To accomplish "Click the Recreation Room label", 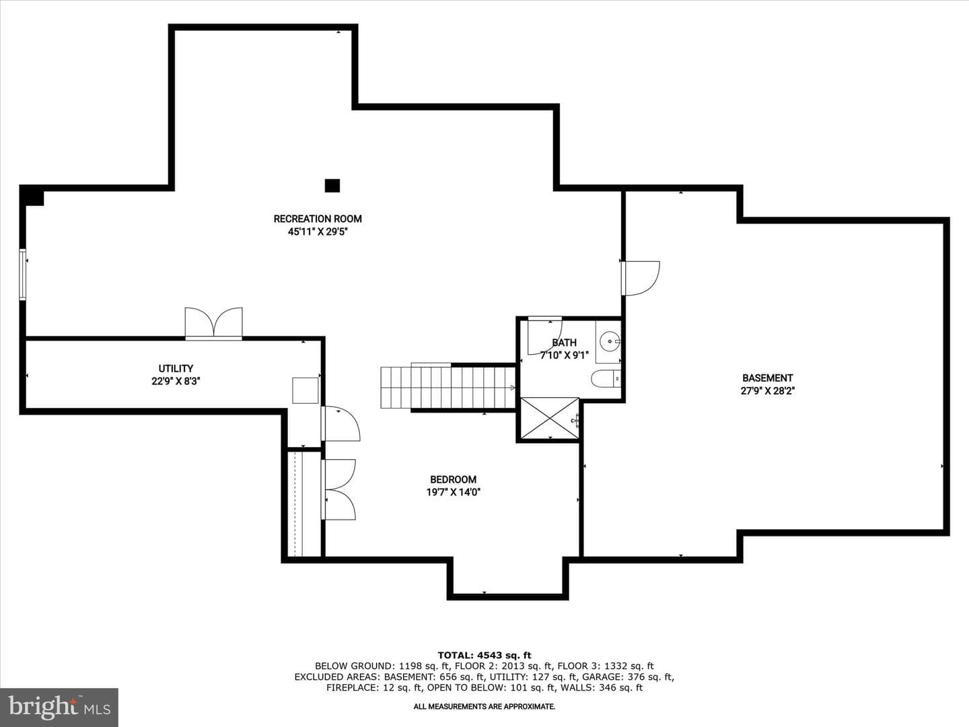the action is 318,219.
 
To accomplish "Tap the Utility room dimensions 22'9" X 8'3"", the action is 176,382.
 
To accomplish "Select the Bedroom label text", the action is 454,479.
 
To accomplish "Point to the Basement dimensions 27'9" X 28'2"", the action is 768,390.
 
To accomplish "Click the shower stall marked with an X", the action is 550,419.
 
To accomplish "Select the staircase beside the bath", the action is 447,387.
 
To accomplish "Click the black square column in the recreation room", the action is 332,185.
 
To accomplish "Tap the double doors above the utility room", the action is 214,323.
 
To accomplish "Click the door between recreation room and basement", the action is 640,278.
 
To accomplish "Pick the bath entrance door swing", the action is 545,335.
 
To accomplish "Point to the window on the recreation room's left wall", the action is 22,275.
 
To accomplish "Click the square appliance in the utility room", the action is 305,390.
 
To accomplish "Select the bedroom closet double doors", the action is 338,489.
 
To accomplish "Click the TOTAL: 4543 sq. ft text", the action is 485,655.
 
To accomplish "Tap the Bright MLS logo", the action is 59,707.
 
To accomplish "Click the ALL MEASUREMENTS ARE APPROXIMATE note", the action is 485,707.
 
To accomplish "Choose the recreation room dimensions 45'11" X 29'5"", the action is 318,232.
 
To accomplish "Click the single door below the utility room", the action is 340,423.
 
